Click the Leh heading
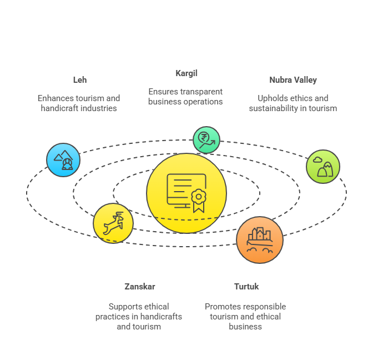click(x=80, y=80)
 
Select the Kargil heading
click(x=186, y=73)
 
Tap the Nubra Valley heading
click(x=293, y=80)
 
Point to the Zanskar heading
click(x=139, y=287)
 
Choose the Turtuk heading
click(x=246, y=287)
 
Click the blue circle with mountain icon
click(x=63, y=160)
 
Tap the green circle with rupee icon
click(x=206, y=139)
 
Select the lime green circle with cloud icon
click(x=323, y=166)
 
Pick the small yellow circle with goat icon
click(x=113, y=223)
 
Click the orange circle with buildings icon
click(x=260, y=240)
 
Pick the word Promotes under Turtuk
click(x=223, y=307)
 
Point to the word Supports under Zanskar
click(x=124, y=307)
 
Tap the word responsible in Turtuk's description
click(x=264, y=307)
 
